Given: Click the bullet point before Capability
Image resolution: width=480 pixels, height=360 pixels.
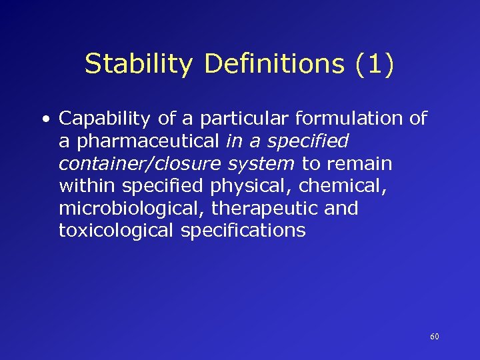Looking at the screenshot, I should [44, 120].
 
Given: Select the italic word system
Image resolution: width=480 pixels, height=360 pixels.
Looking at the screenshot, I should [261, 164].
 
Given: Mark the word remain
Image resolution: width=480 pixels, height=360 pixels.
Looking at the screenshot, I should [360, 164].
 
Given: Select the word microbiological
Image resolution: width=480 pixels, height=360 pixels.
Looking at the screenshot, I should [132, 209].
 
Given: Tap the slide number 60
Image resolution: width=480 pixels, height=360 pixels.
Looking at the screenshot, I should [435, 337].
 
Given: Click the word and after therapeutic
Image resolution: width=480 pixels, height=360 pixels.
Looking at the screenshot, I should [340, 209].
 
